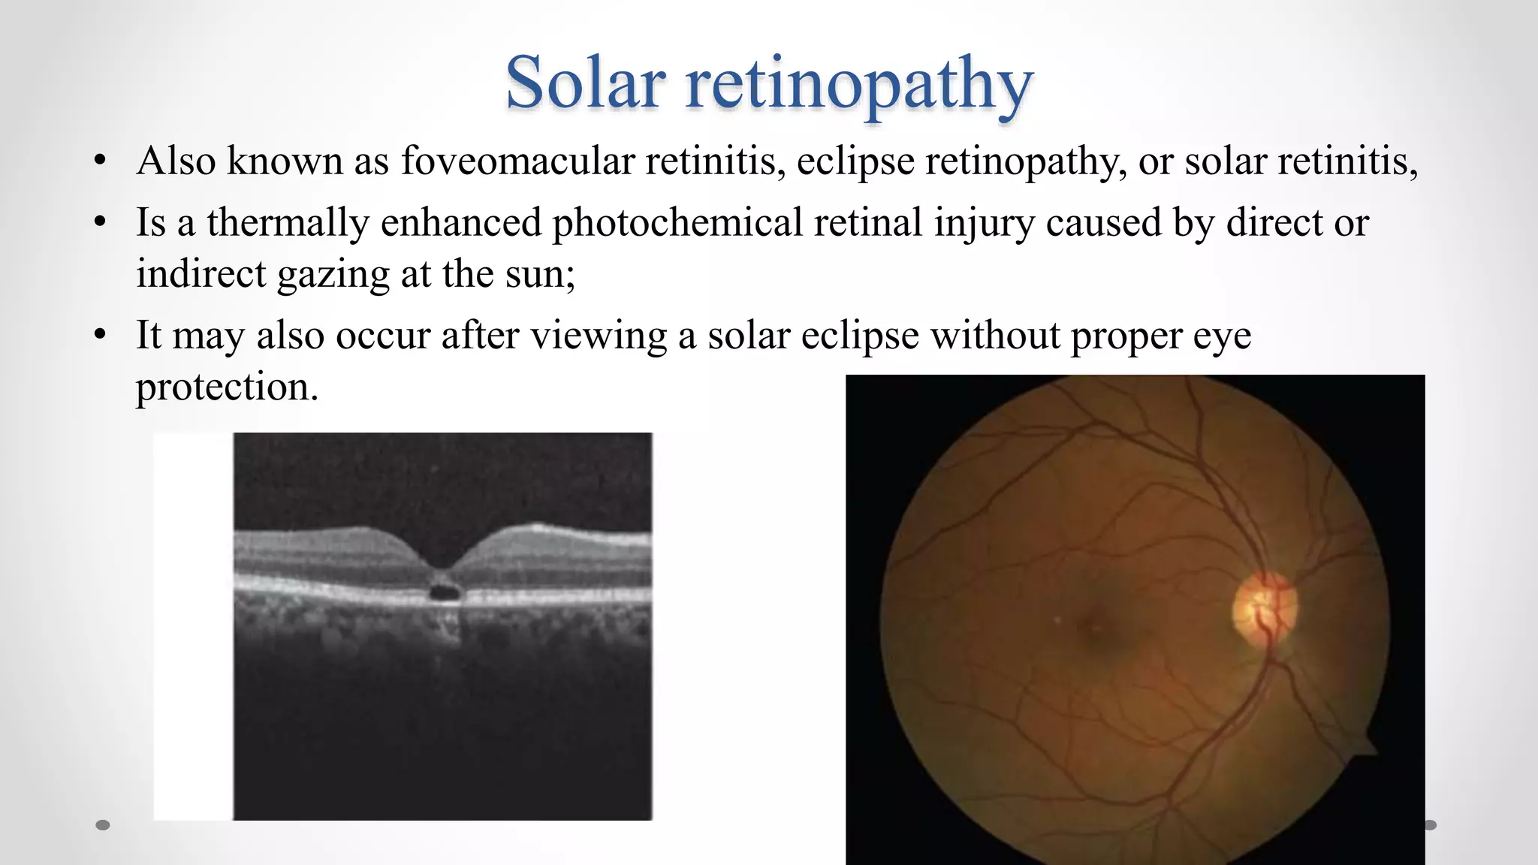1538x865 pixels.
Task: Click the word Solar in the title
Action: click(585, 83)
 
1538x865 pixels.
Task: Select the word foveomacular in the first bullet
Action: click(517, 161)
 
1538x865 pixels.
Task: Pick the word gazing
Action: click(333, 275)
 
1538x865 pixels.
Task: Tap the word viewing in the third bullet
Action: click(599, 336)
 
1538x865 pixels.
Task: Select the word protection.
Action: click(227, 387)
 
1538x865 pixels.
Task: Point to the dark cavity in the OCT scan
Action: click(444, 592)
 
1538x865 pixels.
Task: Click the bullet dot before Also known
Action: click(101, 161)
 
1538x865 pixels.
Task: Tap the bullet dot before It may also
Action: click(101, 336)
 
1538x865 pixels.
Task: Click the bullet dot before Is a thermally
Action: click(101, 223)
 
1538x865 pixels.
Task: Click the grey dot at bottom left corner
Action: click(103, 825)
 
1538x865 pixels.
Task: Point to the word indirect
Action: click(201, 274)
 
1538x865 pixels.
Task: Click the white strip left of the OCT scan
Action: click(193, 626)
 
